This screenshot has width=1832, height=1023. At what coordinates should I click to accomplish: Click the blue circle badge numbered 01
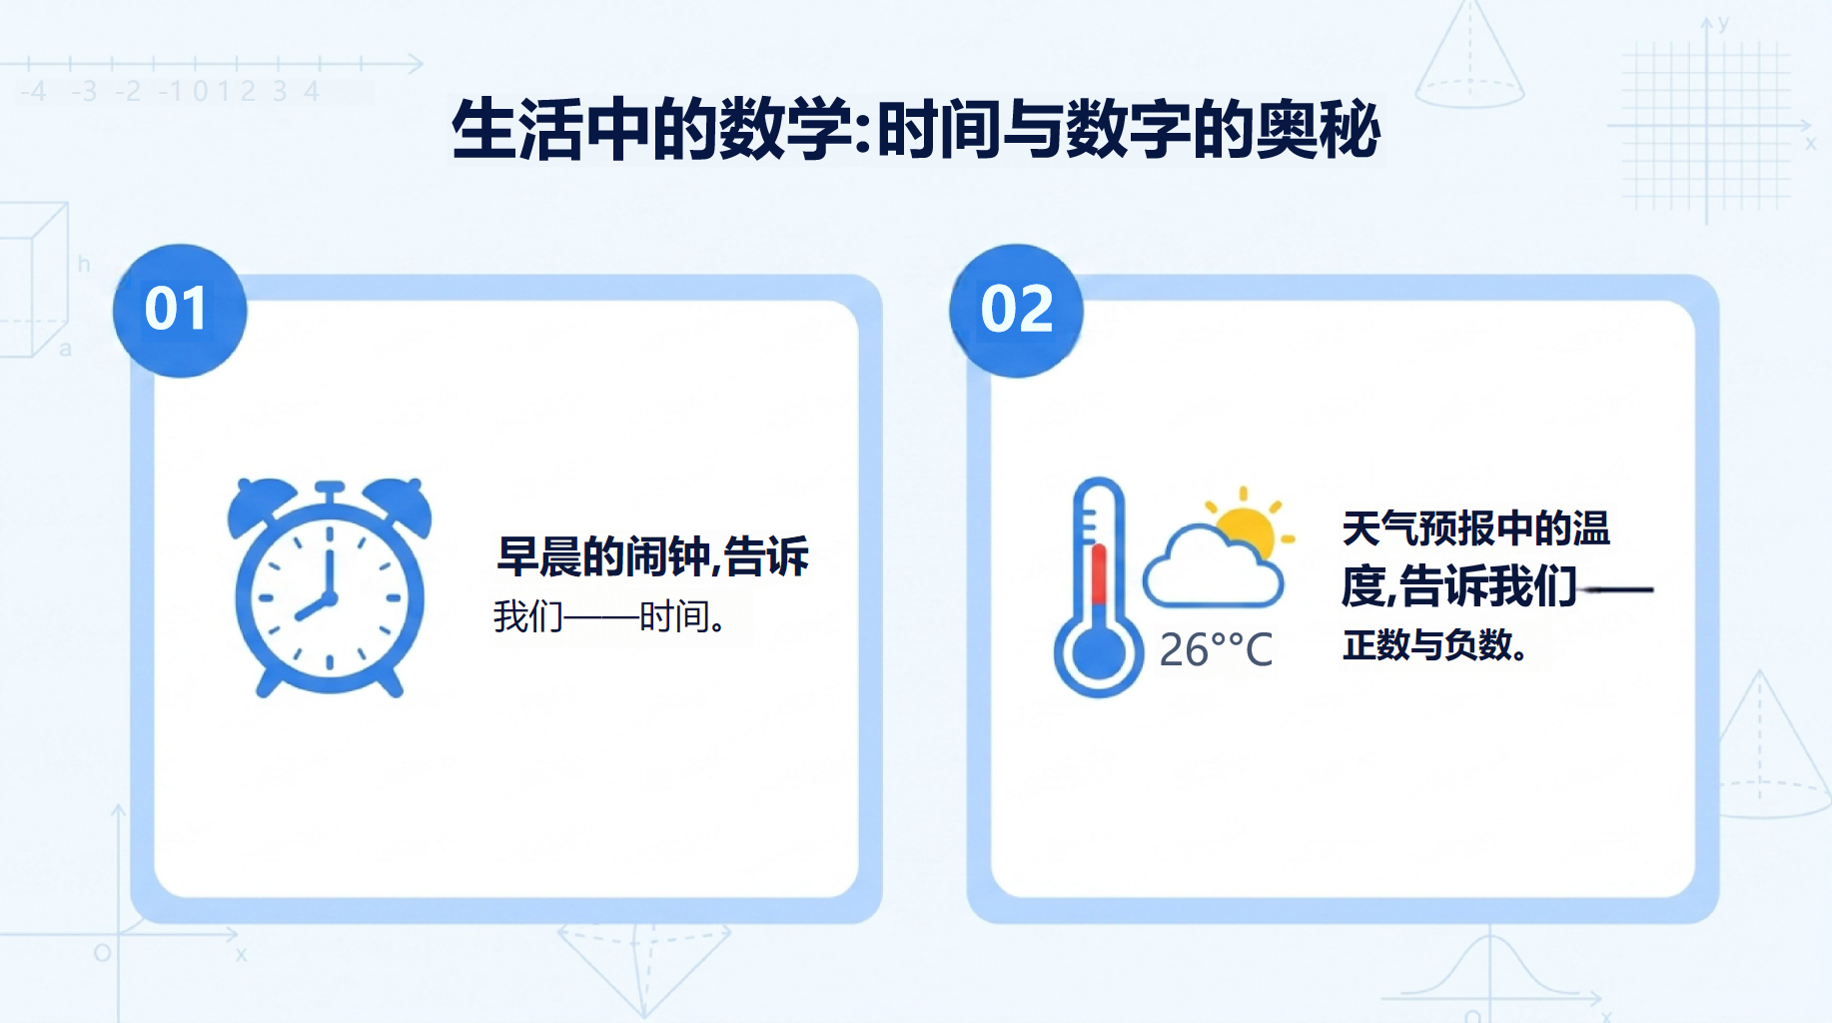[180, 311]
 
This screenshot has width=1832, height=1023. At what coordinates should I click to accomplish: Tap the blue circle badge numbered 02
[1016, 311]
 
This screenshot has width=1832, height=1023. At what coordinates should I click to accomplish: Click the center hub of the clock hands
[329, 598]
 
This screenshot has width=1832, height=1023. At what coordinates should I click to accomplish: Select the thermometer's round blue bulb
[1098, 653]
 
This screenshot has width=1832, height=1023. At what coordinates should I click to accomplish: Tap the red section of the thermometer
[1099, 574]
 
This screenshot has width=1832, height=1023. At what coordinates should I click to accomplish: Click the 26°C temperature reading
[1216, 650]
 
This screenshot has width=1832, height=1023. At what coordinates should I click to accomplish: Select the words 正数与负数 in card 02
[1426, 644]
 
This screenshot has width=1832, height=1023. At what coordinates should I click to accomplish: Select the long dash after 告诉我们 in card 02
[1616, 589]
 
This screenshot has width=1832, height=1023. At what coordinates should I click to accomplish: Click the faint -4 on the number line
[33, 92]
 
